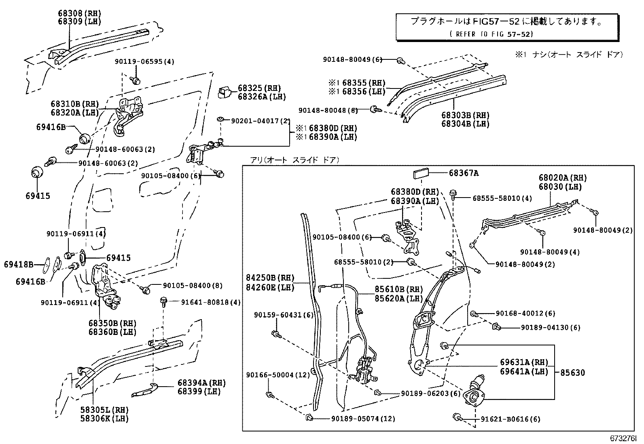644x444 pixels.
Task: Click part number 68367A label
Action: pyautogui.click(x=464, y=173)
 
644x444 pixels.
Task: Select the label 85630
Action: pyautogui.click(x=572, y=373)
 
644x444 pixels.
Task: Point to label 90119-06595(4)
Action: pyautogui.click(x=144, y=62)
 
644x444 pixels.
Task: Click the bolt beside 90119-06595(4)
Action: pyautogui.click(x=136, y=80)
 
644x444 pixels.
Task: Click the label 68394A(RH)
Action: pyautogui.click(x=201, y=383)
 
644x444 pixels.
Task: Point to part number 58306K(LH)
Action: pyautogui.click(x=104, y=419)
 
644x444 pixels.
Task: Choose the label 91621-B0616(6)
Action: pyautogui.click(x=510, y=419)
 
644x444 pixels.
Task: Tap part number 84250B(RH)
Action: pyautogui.click(x=270, y=278)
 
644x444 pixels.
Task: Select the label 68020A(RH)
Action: pyautogui.click(x=562, y=178)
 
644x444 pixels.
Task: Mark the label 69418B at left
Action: pyautogui.click(x=19, y=265)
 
